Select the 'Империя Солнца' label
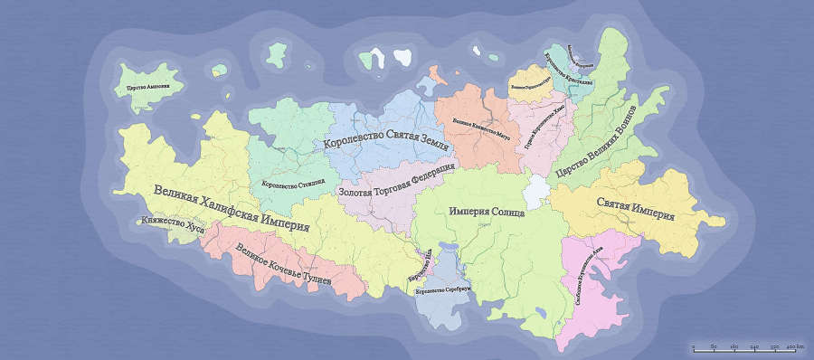[486, 210]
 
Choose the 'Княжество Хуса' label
[170, 228]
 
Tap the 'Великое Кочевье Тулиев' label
[282, 265]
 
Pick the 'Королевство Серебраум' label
[443, 291]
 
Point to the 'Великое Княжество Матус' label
[482, 129]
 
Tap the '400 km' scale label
[794, 349]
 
